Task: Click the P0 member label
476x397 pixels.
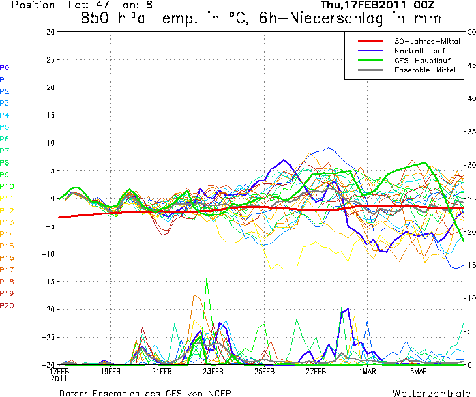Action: click(5, 68)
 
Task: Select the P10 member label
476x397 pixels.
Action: click(7, 187)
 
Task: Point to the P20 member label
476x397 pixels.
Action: click(7, 306)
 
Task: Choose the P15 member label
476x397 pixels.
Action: click(7, 246)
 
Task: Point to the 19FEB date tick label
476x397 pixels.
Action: click(110, 372)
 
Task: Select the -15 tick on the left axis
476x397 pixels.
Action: click(48, 282)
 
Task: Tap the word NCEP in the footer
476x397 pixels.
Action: click(218, 393)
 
